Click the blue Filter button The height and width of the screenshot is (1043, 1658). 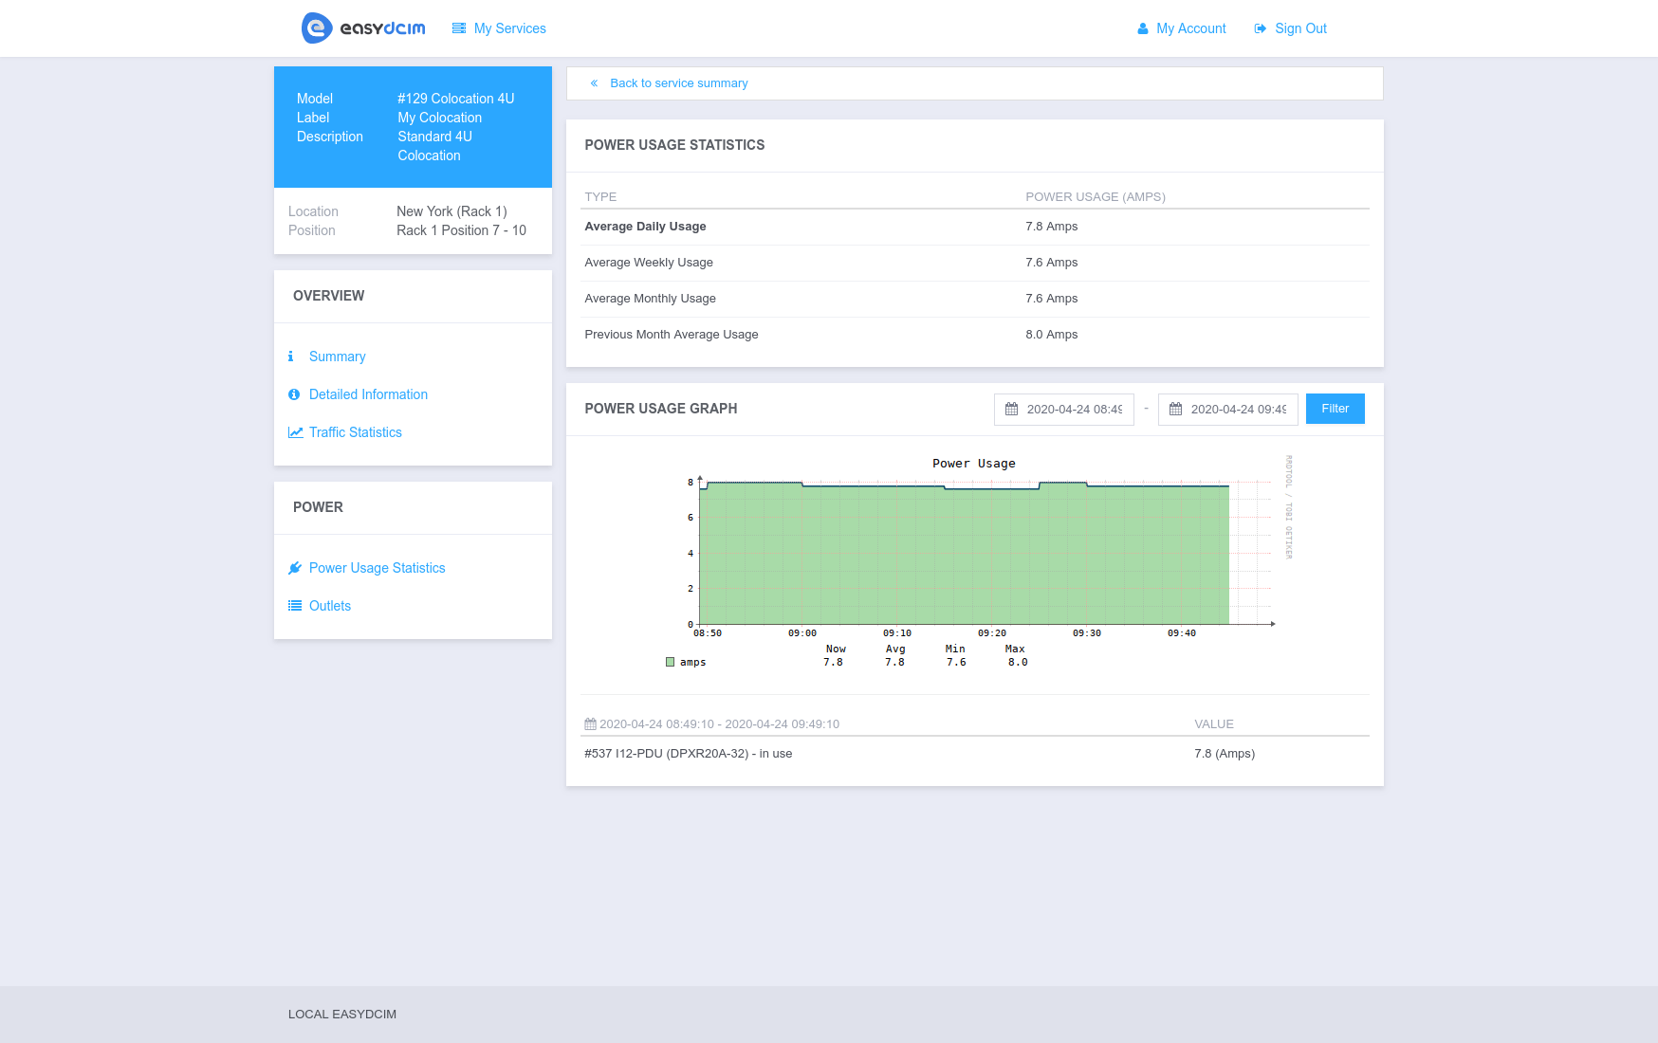1335,409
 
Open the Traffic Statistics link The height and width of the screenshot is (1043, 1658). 355,432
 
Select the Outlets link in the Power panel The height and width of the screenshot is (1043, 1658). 329,606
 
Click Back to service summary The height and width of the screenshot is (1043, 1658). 678,83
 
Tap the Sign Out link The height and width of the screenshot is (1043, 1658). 1299,28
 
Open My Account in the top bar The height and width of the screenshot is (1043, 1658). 1190,28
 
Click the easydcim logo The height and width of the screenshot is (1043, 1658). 363,28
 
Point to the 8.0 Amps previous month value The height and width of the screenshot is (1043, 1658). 1051,335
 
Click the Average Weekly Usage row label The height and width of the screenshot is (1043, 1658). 649,263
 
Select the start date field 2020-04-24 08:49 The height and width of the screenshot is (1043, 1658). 1073,410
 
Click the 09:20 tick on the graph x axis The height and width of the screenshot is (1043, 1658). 991,633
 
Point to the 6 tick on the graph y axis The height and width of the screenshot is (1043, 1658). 691,518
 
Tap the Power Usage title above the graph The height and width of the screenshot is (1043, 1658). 973,464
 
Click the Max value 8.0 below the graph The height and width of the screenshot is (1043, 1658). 1017,663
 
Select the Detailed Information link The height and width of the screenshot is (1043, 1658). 368,394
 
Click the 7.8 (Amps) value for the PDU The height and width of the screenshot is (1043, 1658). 1224,754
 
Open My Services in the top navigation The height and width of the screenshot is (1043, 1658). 509,28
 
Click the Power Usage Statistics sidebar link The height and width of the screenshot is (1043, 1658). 377,568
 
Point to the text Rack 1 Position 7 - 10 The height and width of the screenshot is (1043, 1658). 461,230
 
